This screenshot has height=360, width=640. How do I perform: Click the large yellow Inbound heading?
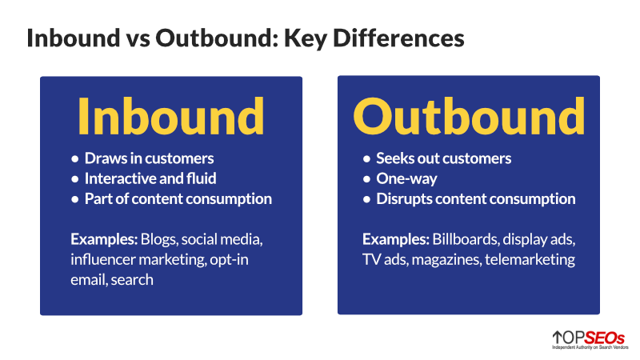point(170,117)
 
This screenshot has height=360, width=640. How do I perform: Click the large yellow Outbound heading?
point(468,117)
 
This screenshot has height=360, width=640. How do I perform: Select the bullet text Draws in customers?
point(150,158)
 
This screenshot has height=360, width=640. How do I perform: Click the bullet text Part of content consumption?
point(178,199)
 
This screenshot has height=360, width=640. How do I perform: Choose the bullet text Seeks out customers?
point(443,158)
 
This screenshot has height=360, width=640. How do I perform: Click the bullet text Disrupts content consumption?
point(476,199)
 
